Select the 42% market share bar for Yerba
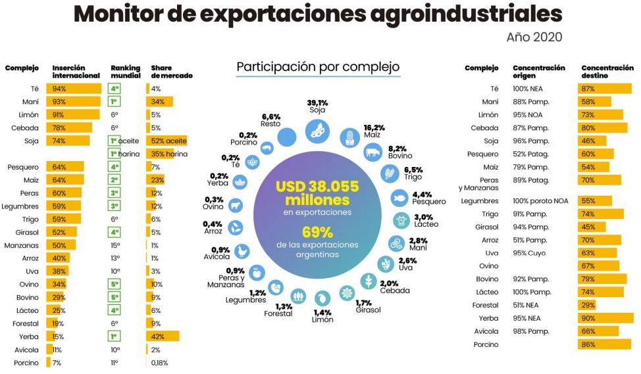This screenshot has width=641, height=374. (162, 337)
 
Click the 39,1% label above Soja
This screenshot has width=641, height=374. (317, 103)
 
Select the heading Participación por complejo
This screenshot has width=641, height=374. (318, 68)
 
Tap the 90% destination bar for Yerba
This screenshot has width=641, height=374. (605, 317)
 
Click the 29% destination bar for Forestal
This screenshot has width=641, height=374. (587, 305)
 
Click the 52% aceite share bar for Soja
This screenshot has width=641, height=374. (167, 140)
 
